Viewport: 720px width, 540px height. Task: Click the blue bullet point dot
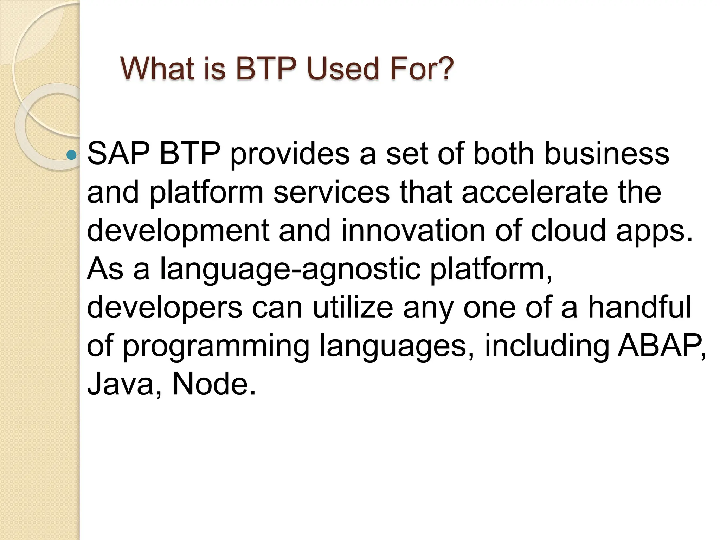pos(71,155)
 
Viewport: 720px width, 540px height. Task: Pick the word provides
pos(290,155)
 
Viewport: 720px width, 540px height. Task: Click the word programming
pos(216,347)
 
